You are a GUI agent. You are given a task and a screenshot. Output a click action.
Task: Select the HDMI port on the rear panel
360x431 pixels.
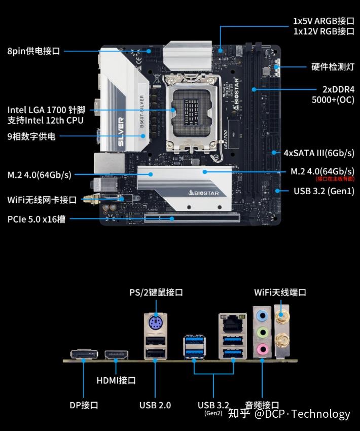[116, 355]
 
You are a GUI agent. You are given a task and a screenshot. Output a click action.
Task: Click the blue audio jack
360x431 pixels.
[262, 315]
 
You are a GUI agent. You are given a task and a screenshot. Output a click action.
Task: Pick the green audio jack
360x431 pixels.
[262, 332]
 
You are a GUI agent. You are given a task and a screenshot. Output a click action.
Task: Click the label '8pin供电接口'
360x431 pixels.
[33, 51]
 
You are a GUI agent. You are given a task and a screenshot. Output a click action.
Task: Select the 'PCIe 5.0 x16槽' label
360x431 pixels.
[37, 220]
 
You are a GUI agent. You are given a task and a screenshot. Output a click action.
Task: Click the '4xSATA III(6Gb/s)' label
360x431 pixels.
[319, 153]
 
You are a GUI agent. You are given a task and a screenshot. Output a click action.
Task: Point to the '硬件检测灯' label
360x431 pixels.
[333, 67]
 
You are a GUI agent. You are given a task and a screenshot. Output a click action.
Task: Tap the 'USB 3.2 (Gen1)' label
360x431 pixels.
[324, 191]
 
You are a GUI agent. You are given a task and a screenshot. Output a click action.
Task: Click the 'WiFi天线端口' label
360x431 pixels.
[280, 293]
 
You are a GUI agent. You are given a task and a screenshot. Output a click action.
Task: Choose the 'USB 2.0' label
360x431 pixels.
[155, 405]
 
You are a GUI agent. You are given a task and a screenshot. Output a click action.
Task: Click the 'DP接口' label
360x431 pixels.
[84, 405]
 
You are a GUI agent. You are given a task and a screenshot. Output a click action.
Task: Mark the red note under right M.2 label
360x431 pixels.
[335, 179]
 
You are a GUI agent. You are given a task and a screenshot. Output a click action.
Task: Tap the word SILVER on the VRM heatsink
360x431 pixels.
[121, 131]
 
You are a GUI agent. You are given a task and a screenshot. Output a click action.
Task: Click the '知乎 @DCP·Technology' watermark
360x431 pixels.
[289, 414]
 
